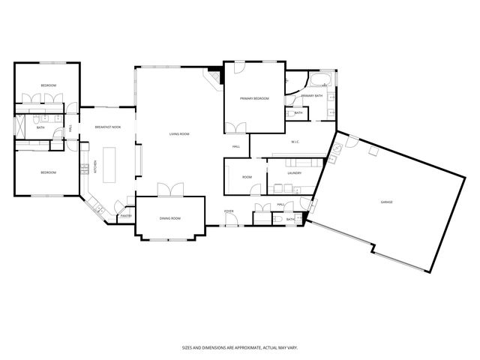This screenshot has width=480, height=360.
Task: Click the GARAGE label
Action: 386,202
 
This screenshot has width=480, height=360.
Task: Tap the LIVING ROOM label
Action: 179,134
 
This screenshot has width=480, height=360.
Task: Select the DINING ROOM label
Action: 170,218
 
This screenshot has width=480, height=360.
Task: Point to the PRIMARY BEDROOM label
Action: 254,99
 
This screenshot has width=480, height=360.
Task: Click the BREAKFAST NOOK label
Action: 108,127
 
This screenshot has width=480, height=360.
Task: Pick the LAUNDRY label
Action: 294,173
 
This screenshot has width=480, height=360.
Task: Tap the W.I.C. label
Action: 295,141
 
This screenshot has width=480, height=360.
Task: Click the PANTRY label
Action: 126,216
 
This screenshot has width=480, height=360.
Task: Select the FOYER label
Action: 229,211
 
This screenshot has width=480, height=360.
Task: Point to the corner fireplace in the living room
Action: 215,78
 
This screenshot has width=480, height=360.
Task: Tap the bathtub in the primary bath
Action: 323,80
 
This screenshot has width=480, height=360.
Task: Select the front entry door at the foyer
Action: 230,223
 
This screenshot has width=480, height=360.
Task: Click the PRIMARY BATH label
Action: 312,96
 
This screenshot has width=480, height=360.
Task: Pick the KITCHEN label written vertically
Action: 94,167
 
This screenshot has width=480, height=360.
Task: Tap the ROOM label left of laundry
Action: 247,177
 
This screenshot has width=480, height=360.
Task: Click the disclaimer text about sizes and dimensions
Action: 239,347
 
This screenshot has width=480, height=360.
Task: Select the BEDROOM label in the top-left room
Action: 48,85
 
